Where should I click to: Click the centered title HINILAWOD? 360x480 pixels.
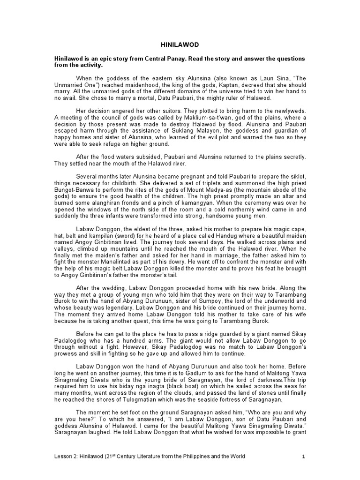[x=180, y=45]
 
